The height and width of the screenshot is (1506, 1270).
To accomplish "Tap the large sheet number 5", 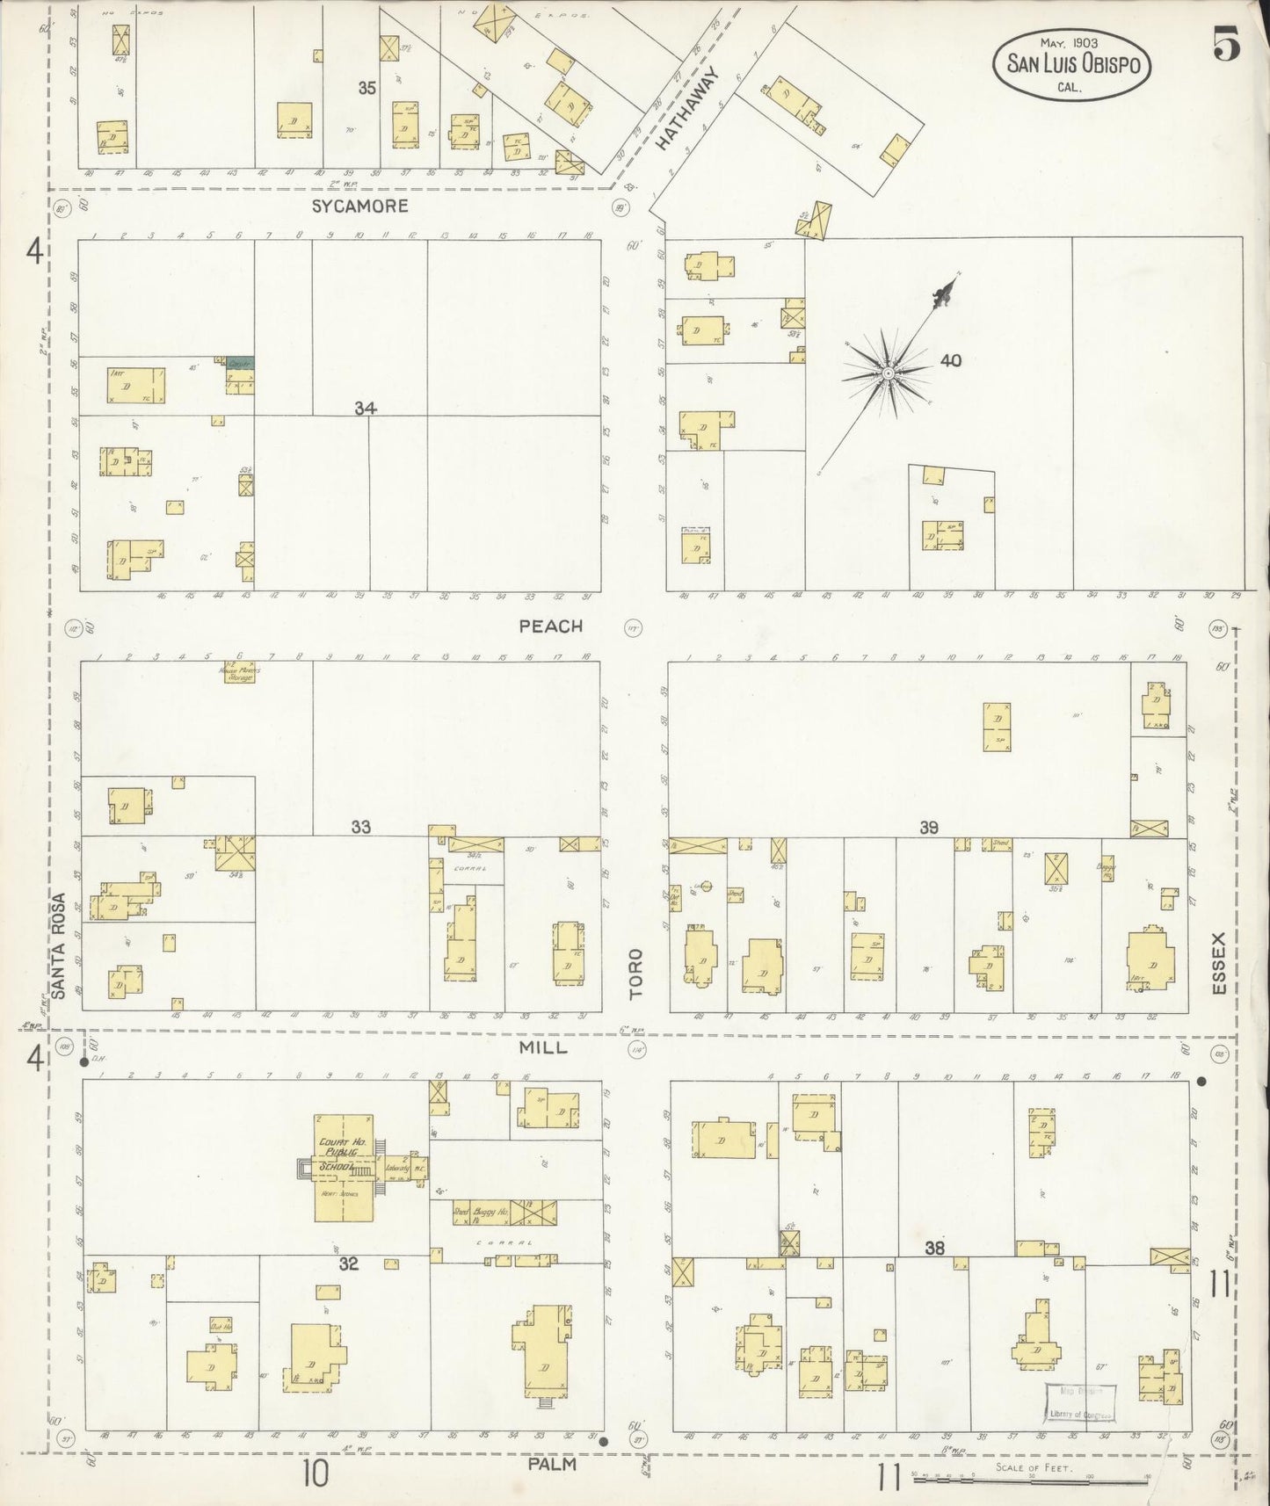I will click(x=1227, y=45).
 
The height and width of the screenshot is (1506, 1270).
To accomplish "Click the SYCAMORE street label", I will click(x=360, y=206).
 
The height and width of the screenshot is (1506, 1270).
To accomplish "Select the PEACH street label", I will click(x=550, y=626).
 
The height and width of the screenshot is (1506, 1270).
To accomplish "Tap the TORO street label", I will click(x=635, y=973).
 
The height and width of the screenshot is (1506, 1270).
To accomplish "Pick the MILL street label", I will click(x=542, y=1047).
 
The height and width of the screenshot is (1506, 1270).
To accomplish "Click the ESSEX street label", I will click(x=1218, y=964).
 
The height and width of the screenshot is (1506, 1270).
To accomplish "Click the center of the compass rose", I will click(x=889, y=373).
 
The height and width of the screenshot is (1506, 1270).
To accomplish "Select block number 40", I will click(x=951, y=360).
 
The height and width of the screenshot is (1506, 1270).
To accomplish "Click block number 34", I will click(x=366, y=408).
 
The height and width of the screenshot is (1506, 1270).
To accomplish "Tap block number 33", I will click(x=360, y=827).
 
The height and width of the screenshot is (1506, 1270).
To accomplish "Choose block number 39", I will click(x=929, y=827).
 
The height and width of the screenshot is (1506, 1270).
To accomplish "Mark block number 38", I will click(x=934, y=1247).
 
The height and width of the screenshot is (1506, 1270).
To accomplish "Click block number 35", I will click(x=366, y=88).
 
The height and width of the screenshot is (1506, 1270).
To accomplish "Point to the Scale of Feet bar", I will click(x=1030, y=1480).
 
